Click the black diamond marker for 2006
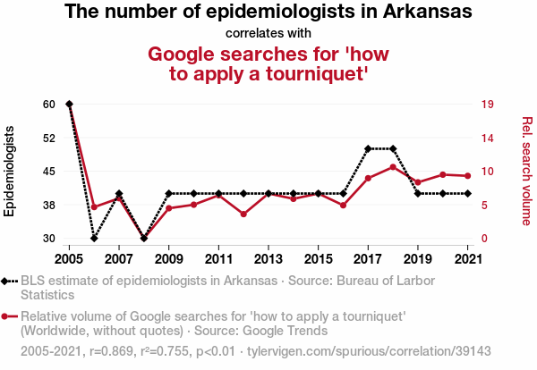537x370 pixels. (x=94, y=239)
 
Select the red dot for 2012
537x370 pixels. (x=243, y=214)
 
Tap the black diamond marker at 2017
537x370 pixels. (x=368, y=148)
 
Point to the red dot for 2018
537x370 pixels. (x=393, y=167)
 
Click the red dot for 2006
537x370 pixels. (x=94, y=206)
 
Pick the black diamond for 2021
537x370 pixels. (x=468, y=193)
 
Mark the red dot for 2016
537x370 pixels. (x=343, y=206)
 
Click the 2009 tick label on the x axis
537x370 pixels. (x=169, y=259)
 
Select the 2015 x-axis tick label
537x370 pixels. (x=318, y=259)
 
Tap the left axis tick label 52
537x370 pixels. (x=48, y=138)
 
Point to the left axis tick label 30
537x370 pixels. (x=48, y=239)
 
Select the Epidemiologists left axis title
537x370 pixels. (x=10, y=171)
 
